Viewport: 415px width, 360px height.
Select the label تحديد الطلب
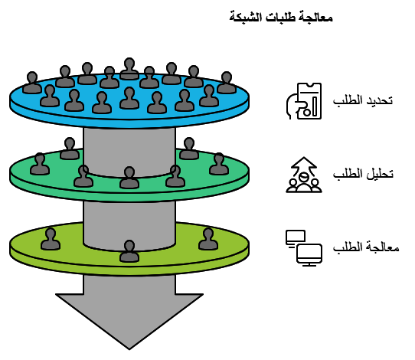click(363, 101)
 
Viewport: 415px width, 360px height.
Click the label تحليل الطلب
click(363, 174)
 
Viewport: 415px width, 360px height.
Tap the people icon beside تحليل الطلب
click(304, 175)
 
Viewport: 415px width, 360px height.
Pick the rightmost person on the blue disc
click(227, 82)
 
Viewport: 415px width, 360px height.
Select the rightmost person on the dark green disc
click(219, 164)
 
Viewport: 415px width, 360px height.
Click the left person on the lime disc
click(51, 239)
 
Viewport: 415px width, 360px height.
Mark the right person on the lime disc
click(207, 239)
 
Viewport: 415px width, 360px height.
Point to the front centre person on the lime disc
click(129, 251)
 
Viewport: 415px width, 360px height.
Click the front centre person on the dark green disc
click(129, 178)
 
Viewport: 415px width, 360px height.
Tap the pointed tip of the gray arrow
click(129, 347)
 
